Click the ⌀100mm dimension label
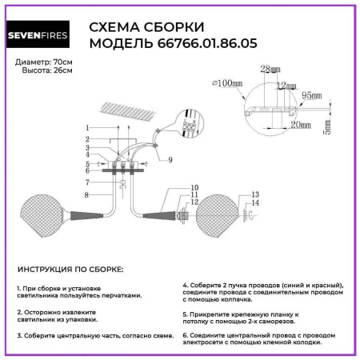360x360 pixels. tap(229, 82)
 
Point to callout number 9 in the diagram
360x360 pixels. tap(170, 160)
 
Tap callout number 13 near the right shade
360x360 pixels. tap(255, 195)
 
